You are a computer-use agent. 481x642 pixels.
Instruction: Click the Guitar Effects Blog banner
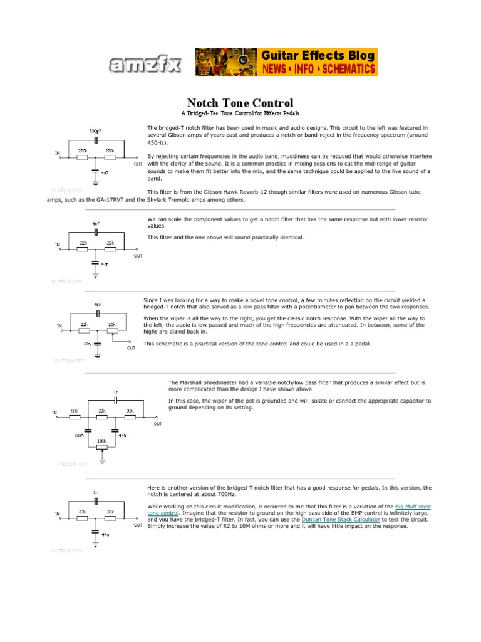pyautogui.click(x=286, y=62)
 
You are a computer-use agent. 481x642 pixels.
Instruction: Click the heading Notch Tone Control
pyautogui.click(x=240, y=102)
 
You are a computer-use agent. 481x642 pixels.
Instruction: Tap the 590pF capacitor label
pyautogui.click(x=95, y=131)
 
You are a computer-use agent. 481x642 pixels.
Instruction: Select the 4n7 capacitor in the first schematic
pyautogui.click(x=95, y=169)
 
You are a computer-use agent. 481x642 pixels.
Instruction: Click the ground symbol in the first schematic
pyautogui.click(x=95, y=182)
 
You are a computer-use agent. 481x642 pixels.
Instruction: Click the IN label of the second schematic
pyautogui.click(x=58, y=245)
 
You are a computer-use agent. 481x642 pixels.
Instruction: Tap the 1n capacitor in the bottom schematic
pyautogui.click(x=95, y=500)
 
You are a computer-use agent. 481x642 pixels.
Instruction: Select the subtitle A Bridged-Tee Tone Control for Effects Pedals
pyautogui.click(x=240, y=113)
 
